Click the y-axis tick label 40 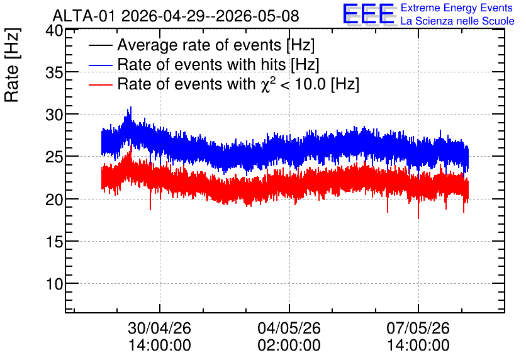coord(54,31)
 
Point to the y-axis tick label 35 coord(54,72)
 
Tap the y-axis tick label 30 coord(54,115)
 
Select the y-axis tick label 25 coord(54,157)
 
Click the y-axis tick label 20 coord(54,200)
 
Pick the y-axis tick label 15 coord(54,242)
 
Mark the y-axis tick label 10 coord(54,284)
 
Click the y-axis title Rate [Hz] coord(12,65)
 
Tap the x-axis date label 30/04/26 coord(160,328)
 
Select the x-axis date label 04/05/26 coord(289,328)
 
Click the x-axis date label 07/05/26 coord(418,328)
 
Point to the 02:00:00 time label coord(289,345)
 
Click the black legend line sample coord(101,45)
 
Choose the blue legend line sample coord(101,65)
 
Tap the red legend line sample coord(101,84)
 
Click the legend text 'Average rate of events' coord(199,45)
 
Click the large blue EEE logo coord(369,14)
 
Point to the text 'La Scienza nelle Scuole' coord(457,21)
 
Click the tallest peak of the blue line coord(131,107)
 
